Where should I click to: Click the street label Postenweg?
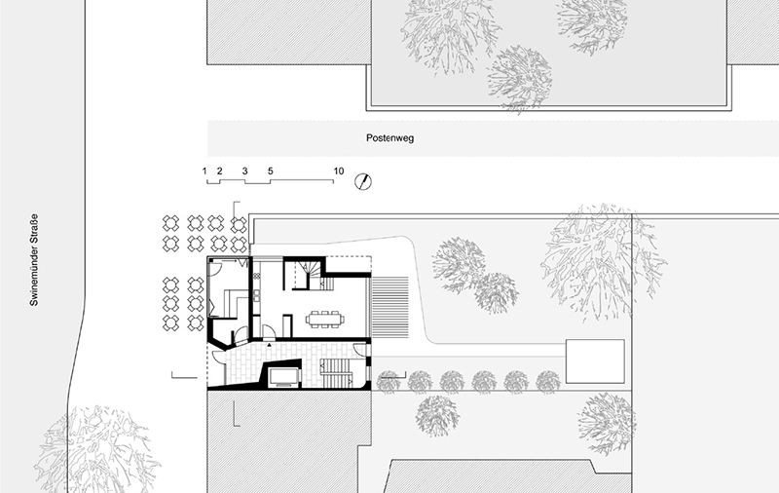click(x=390, y=138)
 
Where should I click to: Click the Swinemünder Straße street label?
click(x=34, y=260)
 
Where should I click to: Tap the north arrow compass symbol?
click(x=363, y=181)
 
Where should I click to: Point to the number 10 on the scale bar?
click(x=338, y=171)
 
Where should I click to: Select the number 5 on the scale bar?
click(x=271, y=171)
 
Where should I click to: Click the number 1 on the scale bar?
click(x=204, y=171)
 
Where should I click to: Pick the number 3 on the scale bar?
click(x=245, y=171)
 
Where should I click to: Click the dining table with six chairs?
click(x=325, y=319)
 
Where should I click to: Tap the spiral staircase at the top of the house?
click(x=311, y=275)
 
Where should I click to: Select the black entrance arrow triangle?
click(x=270, y=344)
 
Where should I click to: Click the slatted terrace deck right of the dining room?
click(x=390, y=307)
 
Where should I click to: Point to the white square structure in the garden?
click(x=595, y=361)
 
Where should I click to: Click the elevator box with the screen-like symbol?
click(x=283, y=377)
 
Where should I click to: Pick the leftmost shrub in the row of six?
click(x=388, y=382)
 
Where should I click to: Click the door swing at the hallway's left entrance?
click(x=219, y=359)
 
